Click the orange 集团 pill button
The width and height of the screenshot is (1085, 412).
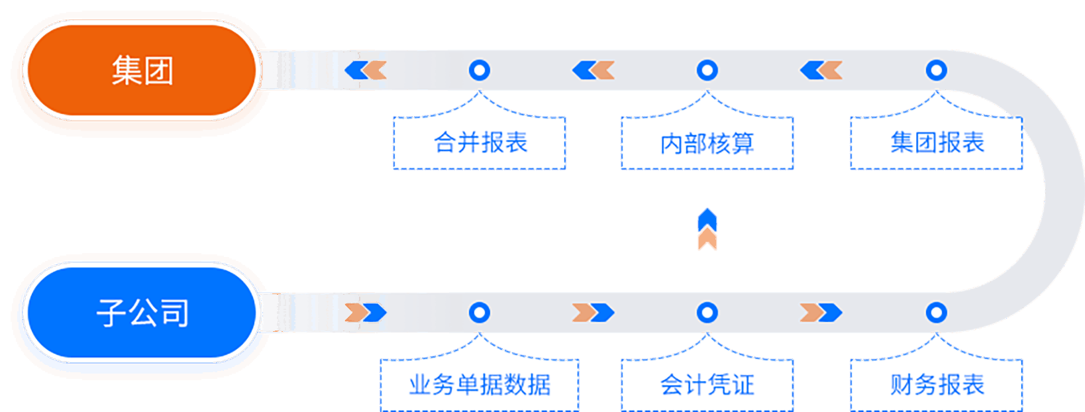click(x=141, y=70)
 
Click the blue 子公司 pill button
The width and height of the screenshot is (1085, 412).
click(x=141, y=313)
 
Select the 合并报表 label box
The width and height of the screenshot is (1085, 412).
click(x=480, y=143)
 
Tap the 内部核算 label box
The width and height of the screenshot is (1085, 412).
click(x=707, y=143)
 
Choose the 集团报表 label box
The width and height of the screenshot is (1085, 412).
click(x=937, y=143)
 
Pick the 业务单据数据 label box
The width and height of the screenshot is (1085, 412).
click(x=480, y=385)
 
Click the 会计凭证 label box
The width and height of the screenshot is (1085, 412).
click(x=707, y=385)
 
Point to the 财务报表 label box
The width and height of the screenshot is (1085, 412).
click(x=937, y=385)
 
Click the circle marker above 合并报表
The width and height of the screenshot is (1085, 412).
click(x=480, y=70)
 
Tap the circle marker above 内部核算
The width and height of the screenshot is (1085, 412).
click(x=707, y=70)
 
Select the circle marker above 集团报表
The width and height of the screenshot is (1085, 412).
click(x=937, y=70)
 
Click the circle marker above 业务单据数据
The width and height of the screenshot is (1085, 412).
click(x=480, y=313)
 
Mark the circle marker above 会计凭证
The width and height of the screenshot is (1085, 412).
click(x=707, y=313)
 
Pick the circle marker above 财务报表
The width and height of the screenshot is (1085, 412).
click(x=937, y=313)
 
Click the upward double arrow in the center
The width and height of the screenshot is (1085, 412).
click(x=707, y=229)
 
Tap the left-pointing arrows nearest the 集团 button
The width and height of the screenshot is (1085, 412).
click(x=366, y=70)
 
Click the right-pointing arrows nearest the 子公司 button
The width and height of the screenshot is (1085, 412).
click(x=366, y=313)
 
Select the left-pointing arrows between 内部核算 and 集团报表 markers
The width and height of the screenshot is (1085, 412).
click(x=821, y=70)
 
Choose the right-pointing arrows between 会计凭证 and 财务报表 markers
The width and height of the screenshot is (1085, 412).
click(x=821, y=313)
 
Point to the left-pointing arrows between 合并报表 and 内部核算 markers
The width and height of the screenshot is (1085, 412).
click(x=594, y=70)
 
